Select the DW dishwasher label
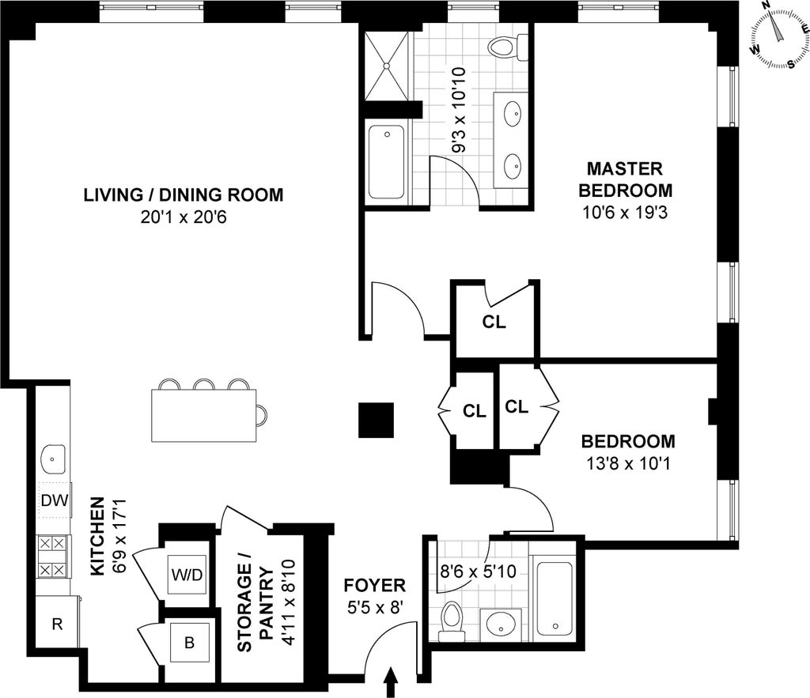coord(55,500)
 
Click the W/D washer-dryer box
coord(187,575)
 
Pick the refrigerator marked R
coord(57,624)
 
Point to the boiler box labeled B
coord(190,643)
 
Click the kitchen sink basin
coord(52,459)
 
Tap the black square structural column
coord(376,421)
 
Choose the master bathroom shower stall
coord(388,66)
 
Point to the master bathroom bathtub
coord(386,163)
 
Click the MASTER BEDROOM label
coord(625,179)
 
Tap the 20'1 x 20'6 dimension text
coord(184,217)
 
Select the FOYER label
coord(375,586)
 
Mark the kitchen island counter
coord(204,416)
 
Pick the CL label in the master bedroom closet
coord(494,322)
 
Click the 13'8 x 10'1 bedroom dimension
coord(628,463)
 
